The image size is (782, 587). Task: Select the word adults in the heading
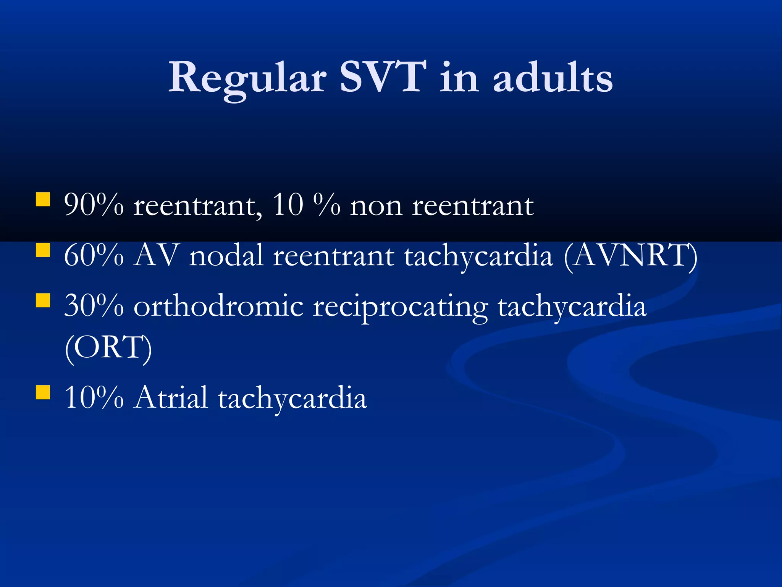coord(553,78)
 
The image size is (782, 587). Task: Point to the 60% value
coord(94,255)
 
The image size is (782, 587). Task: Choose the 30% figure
coord(94,305)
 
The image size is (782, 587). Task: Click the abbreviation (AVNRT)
coord(630,256)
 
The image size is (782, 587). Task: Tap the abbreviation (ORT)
coord(108,347)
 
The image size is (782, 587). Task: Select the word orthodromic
coord(218,306)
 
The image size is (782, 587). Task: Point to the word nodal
coord(226,255)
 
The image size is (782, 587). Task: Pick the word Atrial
coord(171,397)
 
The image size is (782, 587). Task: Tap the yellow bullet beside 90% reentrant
coord(43,199)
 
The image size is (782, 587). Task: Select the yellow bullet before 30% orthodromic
coord(43,300)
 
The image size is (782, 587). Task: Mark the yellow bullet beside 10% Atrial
coord(43,392)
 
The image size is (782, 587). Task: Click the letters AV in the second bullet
coord(157,255)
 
